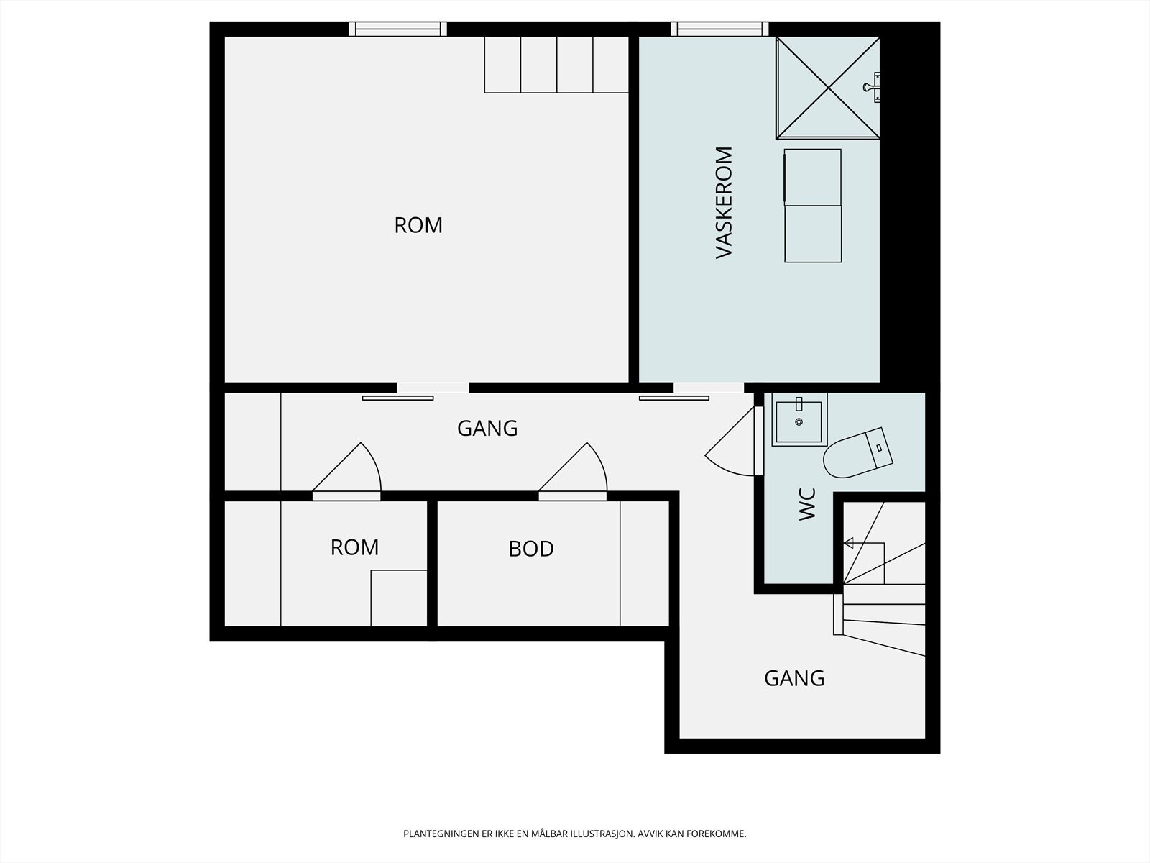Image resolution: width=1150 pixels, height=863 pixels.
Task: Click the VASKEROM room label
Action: (x=724, y=202)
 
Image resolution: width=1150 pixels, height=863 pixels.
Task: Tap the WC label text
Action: (x=807, y=504)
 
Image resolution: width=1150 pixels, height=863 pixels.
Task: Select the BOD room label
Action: (x=530, y=549)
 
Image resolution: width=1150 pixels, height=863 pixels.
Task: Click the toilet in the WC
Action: (x=857, y=453)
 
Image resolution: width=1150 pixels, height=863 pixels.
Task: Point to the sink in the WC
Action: (x=799, y=420)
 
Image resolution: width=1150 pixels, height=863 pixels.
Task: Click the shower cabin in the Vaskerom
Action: (x=828, y=88)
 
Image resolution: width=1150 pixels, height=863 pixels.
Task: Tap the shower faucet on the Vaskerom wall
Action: (x=873, y=87)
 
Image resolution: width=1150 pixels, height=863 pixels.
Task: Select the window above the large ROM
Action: (x=398, y=29)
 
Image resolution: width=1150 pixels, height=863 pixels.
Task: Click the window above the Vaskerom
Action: (x=720, y=29)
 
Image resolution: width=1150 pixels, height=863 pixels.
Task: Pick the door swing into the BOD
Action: (x=573, y=471)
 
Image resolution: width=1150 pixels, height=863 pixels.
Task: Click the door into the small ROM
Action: (x=347, y=471)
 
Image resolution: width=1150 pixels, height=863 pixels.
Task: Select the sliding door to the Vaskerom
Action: (x=674, y=398)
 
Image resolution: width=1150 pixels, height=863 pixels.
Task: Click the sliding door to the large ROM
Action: (x=397, y=398)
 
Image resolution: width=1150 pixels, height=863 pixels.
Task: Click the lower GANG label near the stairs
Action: (x=794, y=679)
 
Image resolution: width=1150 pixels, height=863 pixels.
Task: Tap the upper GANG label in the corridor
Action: (x=487, y=429)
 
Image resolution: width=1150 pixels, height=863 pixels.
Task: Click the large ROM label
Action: (x=418, y=225)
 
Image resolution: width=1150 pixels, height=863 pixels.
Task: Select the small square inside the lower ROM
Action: (x=399, y=598)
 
